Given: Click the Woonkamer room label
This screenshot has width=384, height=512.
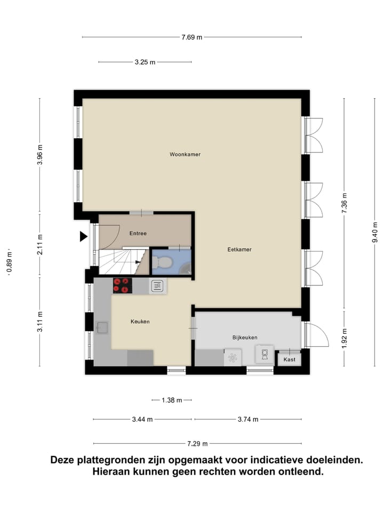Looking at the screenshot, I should click(x=185, y=154).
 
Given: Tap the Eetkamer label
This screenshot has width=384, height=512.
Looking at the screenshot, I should click(x=239, y=249).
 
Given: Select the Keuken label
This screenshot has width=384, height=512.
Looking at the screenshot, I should click(x=140, y=322).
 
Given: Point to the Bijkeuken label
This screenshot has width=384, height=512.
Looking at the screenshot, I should click(x=245, y=337).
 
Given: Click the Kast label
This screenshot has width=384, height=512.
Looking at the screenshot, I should click(x=289, y=359).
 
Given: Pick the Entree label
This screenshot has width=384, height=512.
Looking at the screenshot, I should click(x=138, y=233).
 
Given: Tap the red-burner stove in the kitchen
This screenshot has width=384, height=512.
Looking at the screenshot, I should click(x=123, y=286).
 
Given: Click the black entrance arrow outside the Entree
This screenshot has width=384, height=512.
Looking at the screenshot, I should click(x=83, y=236).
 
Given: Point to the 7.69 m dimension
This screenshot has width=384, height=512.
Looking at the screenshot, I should click(x=192, y=37).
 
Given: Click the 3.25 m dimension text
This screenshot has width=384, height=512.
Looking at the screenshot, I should click(x=145, y=62).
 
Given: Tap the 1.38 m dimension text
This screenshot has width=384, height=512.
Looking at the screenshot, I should click(x=172, y=399).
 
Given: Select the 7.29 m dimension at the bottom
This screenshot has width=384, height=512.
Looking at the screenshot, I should click(x=197, y=443).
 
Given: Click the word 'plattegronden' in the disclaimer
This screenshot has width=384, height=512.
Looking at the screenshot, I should click(x=113, y=460).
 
